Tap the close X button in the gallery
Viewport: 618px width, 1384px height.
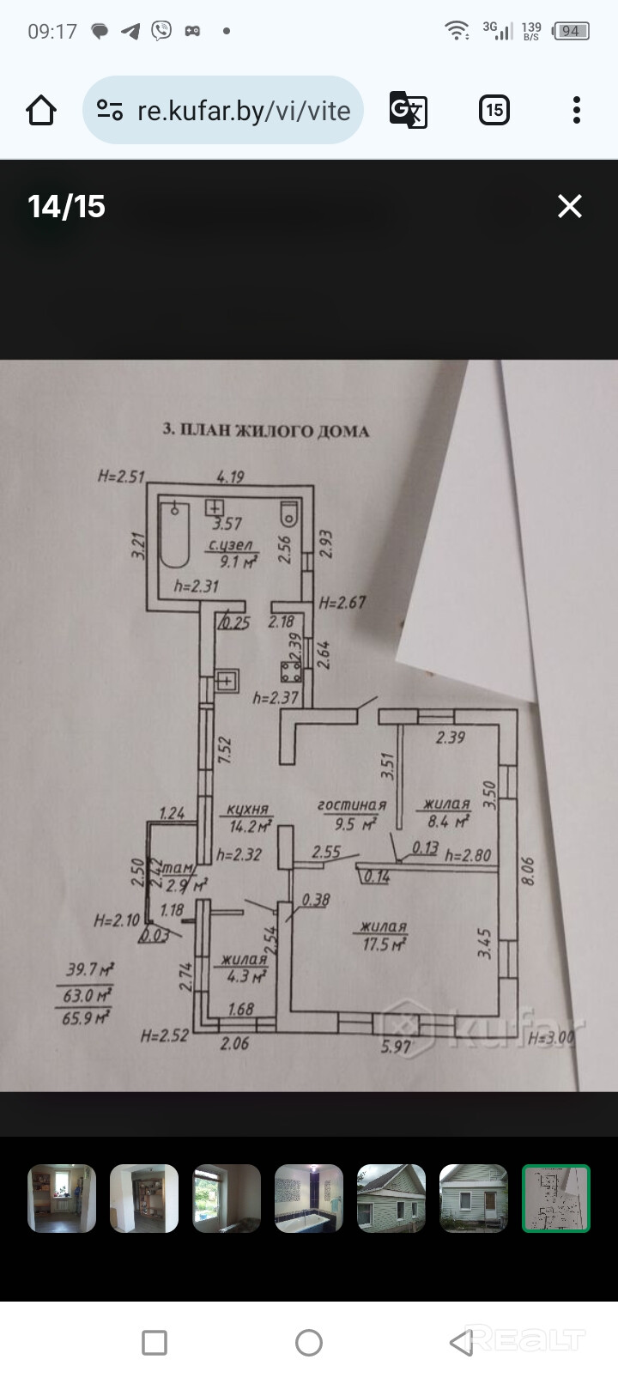(x=570, y=206)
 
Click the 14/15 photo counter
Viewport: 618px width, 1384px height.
(x=66, y=206)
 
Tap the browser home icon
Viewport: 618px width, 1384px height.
(x=40, y=110)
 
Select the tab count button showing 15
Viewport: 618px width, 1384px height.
(x=494, y=110)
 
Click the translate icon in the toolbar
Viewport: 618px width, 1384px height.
(x=408, y=110)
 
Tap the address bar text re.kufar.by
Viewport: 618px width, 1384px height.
(x=244, y=111)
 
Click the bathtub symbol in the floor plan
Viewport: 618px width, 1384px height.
(x=174, y=535)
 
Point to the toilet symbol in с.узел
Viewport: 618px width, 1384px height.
(x=290, y=513)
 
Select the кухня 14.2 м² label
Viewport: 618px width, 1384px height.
(x=249, y=818)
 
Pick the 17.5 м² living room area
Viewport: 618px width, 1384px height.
(x=384, y=936)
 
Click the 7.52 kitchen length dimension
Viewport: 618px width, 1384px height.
(x=225, y=750)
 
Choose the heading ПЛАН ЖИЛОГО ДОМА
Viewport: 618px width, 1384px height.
(x=266, y=430)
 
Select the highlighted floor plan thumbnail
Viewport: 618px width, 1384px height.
(x=556, y=1199)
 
